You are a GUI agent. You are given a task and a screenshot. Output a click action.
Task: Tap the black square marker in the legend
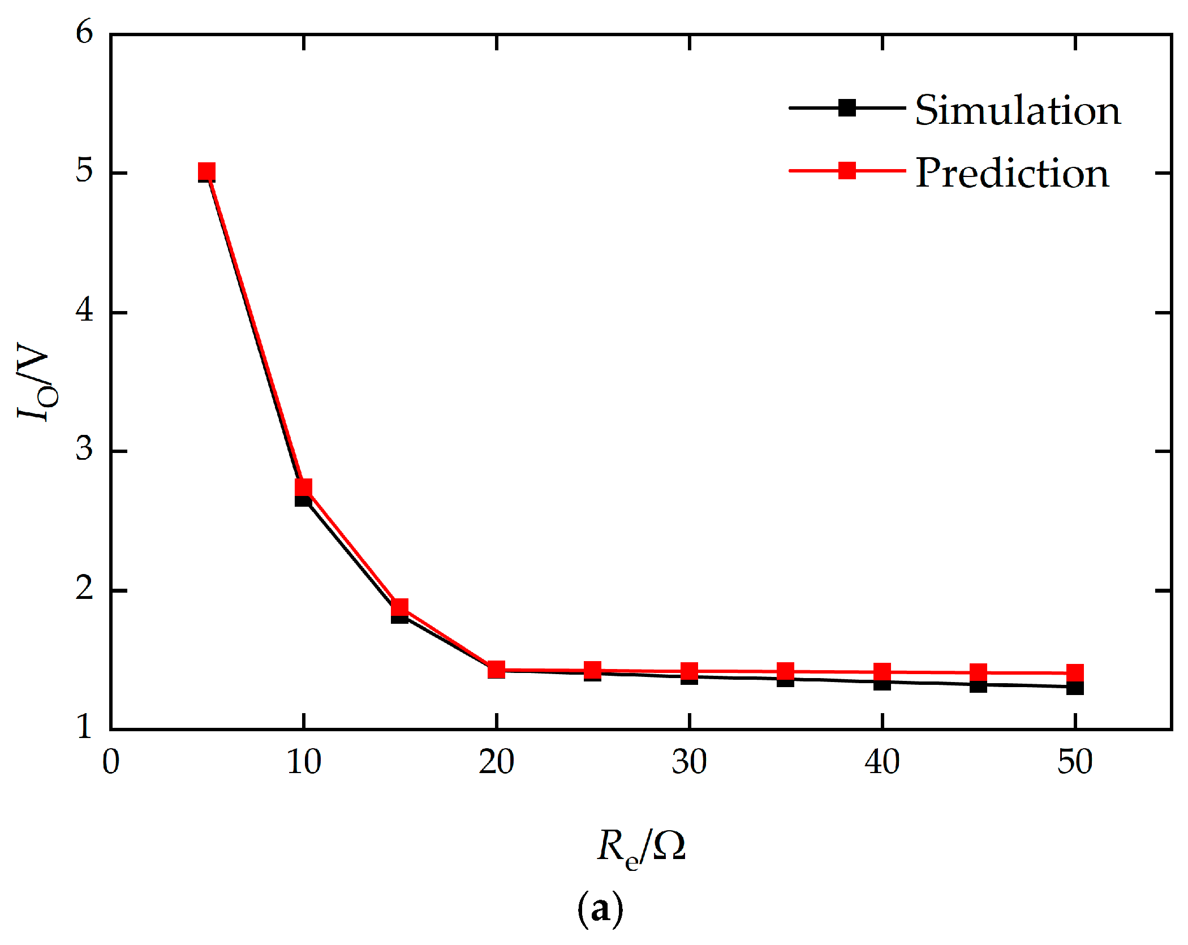[x=847, y=107]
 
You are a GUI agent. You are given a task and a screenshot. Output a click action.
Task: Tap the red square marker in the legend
[x=847, y=170]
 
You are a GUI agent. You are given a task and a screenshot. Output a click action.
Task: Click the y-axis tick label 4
[x=84, y=310]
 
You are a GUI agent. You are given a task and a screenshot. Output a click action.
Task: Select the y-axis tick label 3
[x=84, y=449]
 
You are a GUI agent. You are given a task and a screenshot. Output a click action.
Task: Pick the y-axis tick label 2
[x=84, y=588]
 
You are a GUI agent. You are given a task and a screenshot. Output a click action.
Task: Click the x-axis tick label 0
[x=111, y=762]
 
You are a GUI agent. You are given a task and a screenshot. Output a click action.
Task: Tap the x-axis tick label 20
[x=496, y=762]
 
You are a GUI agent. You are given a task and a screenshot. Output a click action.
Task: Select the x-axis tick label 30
[x=689, y=762]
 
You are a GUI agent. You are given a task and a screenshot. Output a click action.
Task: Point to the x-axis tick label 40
[x=882, y=762]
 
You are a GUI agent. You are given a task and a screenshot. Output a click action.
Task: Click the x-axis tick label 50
[x=1075, y=762]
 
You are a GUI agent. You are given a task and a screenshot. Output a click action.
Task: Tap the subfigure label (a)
[x=600, y=909]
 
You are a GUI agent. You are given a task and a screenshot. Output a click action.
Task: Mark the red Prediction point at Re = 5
[x=207, y=171]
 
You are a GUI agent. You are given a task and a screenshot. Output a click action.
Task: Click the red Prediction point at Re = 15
[x=400, y=607]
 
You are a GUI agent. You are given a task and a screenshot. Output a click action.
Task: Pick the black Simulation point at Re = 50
[x=1075, y=688]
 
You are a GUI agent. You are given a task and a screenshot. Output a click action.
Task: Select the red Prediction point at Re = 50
[x=1075, y=673]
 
